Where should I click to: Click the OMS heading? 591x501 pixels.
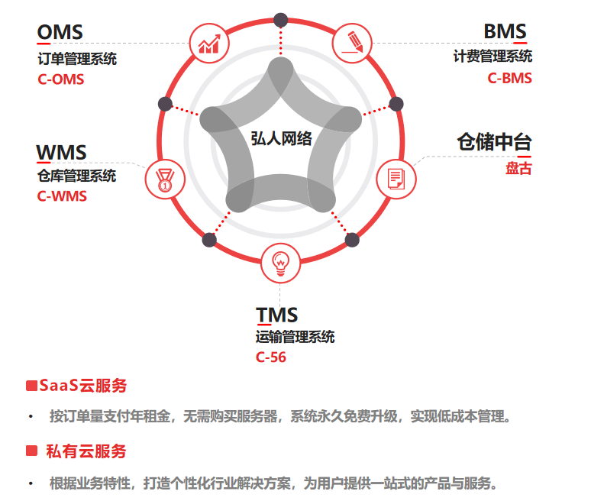click(60, 32)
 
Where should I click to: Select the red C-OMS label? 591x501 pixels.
click(60, 79)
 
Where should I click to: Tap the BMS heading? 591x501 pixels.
click(505, 32)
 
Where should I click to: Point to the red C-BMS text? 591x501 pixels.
click(510, 78)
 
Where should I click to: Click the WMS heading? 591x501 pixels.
click(62, 152)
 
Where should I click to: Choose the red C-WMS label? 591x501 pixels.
click(62, 196)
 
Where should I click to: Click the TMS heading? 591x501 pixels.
click(277, 315)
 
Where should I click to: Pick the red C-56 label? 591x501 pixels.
click(271, 357)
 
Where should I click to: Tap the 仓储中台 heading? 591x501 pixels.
click(494, 143)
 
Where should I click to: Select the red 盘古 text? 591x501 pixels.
click(518, 169)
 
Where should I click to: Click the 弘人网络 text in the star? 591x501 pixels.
click(281, 138)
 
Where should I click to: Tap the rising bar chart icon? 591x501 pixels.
click(209, 44)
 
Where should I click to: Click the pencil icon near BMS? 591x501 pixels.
click(353, 43)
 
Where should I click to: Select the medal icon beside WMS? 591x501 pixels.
click(165, 180)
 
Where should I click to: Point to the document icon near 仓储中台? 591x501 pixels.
click(396, 179)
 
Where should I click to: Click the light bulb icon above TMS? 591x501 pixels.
click(281, 263)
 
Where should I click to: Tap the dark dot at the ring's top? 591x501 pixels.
click(281, 20)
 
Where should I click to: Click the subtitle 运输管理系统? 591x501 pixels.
click(295, 337)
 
